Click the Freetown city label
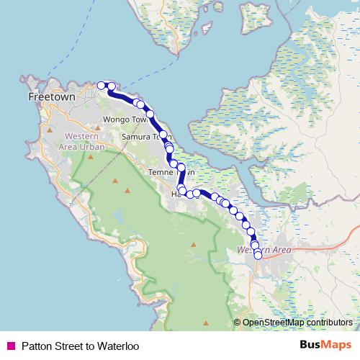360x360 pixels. (x=52, y=95)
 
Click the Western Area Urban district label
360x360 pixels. (x=84, y=141)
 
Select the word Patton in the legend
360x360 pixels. (x=37, y=346)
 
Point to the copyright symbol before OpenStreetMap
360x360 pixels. (x=237, y=323)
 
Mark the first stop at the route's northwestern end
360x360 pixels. (x=102, y=86)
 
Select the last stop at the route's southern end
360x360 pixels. (x=258, y=255)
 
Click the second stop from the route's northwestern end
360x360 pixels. (x=112, y=87)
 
